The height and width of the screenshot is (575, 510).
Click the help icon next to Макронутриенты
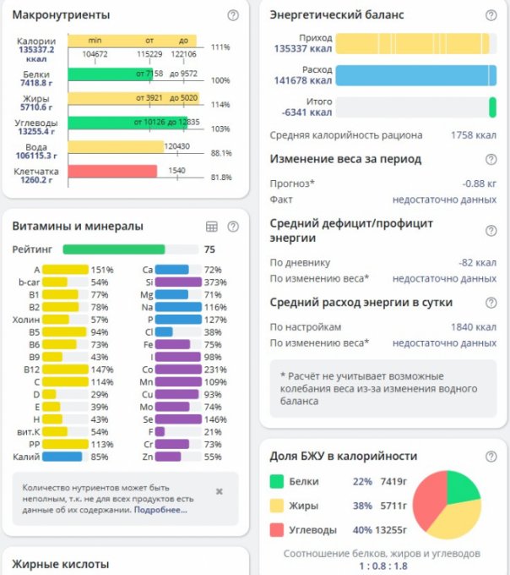(233, 15)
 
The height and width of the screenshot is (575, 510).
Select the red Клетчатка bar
(112, 171)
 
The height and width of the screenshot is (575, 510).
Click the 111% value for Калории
(221, 47)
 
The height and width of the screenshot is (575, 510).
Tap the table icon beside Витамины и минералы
(212, 227)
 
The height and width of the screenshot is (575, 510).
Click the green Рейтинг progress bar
(114, 249)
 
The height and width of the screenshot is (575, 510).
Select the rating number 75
(210, 249)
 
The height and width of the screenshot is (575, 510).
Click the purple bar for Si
(178, 282)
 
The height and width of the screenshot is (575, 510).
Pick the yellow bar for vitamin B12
(65, 370)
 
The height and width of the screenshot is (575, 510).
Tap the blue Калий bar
(62, 457)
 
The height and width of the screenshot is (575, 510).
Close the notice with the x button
(220, 491)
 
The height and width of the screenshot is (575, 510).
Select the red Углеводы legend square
(277, 530)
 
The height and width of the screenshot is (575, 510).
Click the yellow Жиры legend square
(277, 506)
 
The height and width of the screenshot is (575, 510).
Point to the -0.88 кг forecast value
(479, 183)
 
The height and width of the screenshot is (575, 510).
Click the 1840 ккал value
(473, 326)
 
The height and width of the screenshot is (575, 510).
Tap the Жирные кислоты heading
(60, 564)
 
